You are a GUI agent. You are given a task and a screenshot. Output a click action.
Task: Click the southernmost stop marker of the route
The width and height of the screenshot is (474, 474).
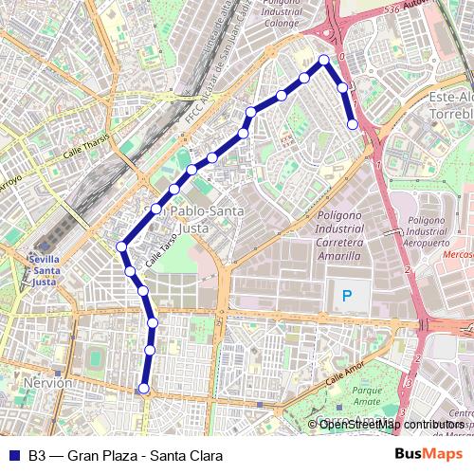144,388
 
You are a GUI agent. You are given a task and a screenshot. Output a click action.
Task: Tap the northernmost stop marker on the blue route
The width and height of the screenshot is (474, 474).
324,60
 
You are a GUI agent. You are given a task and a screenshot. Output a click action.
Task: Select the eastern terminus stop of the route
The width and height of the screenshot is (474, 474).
353,123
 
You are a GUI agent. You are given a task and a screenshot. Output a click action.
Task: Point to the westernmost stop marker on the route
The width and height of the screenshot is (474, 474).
121,247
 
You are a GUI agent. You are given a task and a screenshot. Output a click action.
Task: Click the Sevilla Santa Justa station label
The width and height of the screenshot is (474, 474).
46,269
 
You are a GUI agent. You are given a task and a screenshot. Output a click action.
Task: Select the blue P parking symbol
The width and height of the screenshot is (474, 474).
347,296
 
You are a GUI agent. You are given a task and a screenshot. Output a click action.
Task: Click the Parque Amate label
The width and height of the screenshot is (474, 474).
366,394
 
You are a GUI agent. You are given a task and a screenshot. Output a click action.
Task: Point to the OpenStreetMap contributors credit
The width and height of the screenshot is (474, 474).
391,424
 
